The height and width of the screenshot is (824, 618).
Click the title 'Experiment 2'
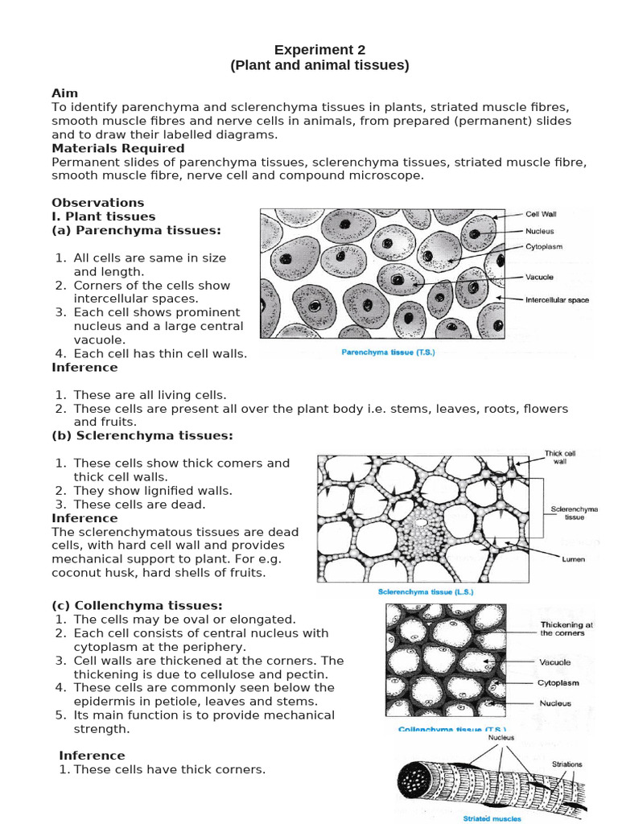click(319, 50)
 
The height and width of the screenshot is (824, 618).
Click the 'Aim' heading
click(65, 93)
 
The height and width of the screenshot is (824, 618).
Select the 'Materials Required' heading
click(118, 148)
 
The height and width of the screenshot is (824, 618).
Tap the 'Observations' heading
click(98, 203)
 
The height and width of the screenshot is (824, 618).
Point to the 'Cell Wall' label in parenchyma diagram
click(541, 215)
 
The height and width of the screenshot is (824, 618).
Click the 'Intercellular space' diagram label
click(557, 300)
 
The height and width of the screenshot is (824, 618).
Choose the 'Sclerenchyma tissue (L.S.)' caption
click(426, 591)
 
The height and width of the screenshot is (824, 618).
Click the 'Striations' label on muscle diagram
click(567, 764)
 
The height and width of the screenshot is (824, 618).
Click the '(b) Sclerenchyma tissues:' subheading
click(142, 435)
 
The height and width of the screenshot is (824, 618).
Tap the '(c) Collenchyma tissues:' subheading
click(137, 605)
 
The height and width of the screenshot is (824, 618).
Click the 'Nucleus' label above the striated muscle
click(501, 737)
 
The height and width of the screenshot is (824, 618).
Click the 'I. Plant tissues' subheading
click(104, 216)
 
